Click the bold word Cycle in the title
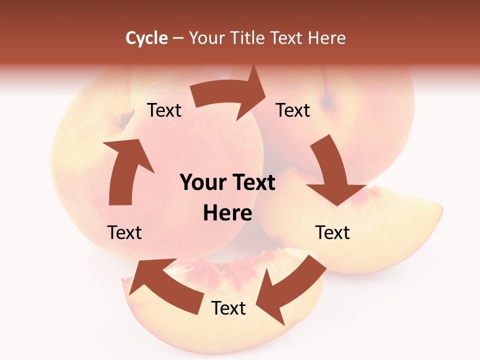tap(146, 38)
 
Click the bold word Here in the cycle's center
tap(227, 213)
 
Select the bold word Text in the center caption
tap(253, 183)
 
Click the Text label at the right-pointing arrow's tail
tap(164, 110)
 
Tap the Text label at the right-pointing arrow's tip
tap(293, 110)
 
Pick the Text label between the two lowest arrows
tap(228, 308)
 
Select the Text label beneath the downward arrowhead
tap(332, 232)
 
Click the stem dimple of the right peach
tap(328, 103)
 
